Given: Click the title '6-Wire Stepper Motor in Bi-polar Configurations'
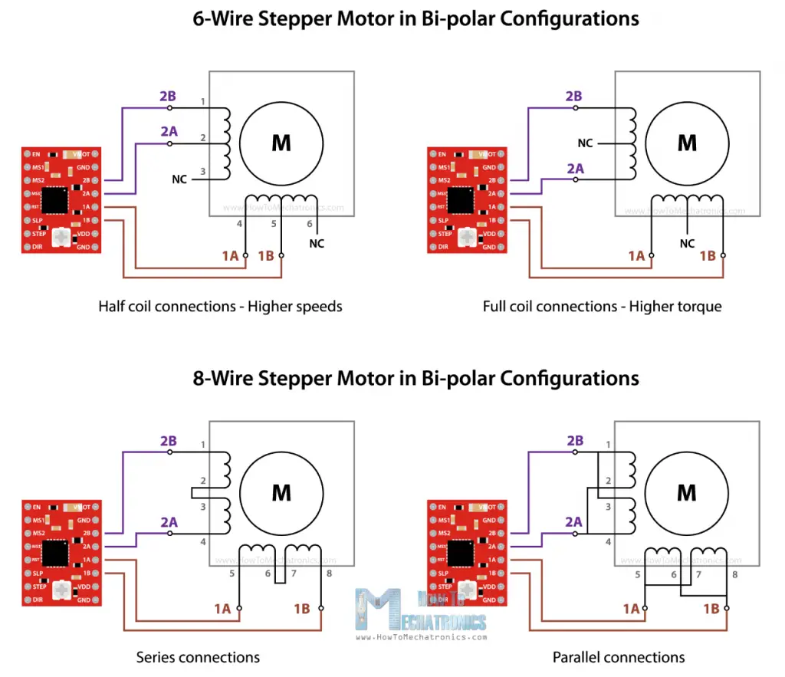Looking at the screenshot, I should [415, 18].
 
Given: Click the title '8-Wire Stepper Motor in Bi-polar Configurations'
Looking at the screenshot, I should [415, 377].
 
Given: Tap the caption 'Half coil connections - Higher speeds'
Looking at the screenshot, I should [220, 307].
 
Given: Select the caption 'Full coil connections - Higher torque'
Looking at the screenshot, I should [603, 307].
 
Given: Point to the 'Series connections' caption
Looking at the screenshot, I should [198, 657].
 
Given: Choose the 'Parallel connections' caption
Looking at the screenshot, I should [619, 657].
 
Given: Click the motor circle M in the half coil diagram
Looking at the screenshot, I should [281, 143].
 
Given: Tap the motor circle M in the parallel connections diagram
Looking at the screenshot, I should [687, 492].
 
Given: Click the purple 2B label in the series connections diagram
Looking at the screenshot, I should [169, 442].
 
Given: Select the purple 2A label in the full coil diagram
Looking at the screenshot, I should [574, 168].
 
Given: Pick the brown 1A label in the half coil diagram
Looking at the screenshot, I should [230, 256].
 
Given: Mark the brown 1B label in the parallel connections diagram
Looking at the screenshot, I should [711, 608].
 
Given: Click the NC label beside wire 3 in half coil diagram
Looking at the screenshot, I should [179, 180].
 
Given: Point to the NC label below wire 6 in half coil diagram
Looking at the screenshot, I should [317, 243].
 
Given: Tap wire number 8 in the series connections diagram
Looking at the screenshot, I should [329, 573].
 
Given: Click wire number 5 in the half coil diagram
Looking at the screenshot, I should [274, 224].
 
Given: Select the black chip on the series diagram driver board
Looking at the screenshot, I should [56, 552].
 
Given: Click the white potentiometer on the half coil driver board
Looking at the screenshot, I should [59, 240].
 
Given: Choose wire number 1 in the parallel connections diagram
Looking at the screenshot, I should [609, 445].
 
